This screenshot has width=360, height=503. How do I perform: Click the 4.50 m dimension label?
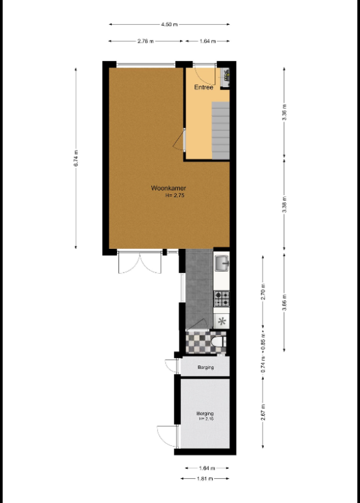coord(170,24)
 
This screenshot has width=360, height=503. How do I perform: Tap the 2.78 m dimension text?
coord(145,41)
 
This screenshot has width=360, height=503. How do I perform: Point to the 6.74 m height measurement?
coord(76,158)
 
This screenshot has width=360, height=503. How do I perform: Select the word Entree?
coord(204,87)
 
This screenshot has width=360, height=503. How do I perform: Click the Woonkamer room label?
coord(168,189)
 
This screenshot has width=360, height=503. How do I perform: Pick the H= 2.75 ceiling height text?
coord(175,195)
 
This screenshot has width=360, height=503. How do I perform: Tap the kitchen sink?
coord(221,263)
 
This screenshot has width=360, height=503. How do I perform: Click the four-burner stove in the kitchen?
coord(222,299)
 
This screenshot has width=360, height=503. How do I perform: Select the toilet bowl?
coord(219,342)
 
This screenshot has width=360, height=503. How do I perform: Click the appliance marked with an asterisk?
coord(221,321)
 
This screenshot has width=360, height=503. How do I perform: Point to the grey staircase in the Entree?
coord(221,130)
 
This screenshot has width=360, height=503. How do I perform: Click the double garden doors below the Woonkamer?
coord(140,262)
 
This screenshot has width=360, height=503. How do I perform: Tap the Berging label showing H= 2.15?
coord(205,416)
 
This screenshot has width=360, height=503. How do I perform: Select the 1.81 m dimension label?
coord(205,479)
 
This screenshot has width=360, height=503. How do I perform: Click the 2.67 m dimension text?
coord(263,413)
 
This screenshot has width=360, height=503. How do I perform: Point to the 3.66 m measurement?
coord(284,302)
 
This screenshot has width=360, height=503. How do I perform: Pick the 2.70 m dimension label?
coord(263,291)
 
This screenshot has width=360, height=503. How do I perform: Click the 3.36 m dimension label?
coord(284,112)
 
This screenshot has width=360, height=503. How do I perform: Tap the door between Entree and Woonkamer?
coord(179,140)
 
